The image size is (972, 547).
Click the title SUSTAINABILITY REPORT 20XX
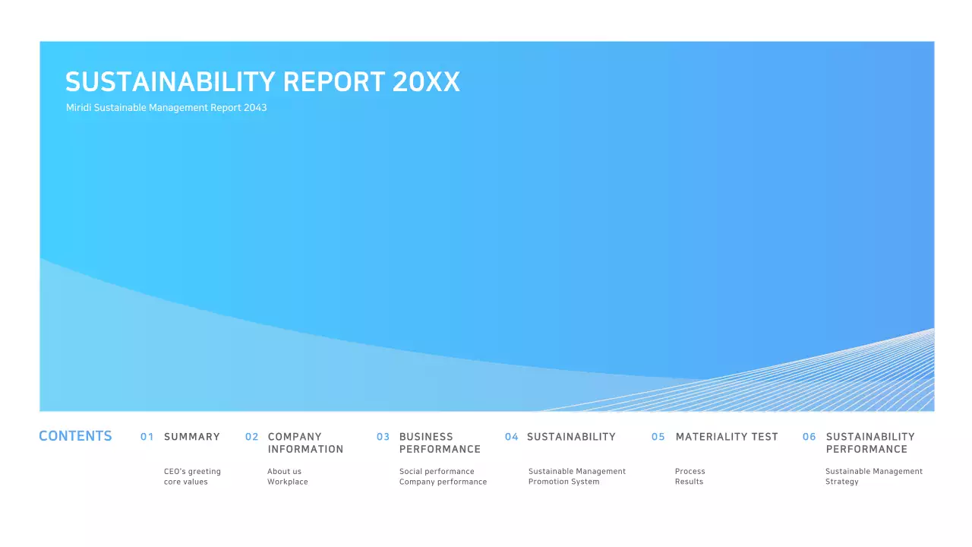coord(263,82)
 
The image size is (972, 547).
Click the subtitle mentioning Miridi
coord(166,108)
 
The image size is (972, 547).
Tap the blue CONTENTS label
coord(75,436)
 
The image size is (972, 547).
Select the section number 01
coord(147,437)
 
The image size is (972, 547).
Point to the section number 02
coord(251,437)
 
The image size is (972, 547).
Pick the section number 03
coord(383,437)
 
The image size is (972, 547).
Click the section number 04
coord(511,437)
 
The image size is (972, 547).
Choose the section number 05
coord(658,437)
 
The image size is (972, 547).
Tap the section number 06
coord(809,437)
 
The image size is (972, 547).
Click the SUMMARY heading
coord(191,437)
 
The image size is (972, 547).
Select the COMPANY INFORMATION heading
coord(305,443)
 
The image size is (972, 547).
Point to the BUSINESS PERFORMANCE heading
coord(440,443)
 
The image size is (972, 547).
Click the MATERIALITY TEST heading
coord(727,437)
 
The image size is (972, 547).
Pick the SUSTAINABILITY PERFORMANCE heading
coord(870,443)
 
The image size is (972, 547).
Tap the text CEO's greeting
coord(192,472)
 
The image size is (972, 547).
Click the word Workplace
coord(287,482)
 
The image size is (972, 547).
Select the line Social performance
coord(437,472)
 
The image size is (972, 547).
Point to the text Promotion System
coord(563,482)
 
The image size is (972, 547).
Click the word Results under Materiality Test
coord(689,482)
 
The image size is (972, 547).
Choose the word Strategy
coord(841,482)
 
